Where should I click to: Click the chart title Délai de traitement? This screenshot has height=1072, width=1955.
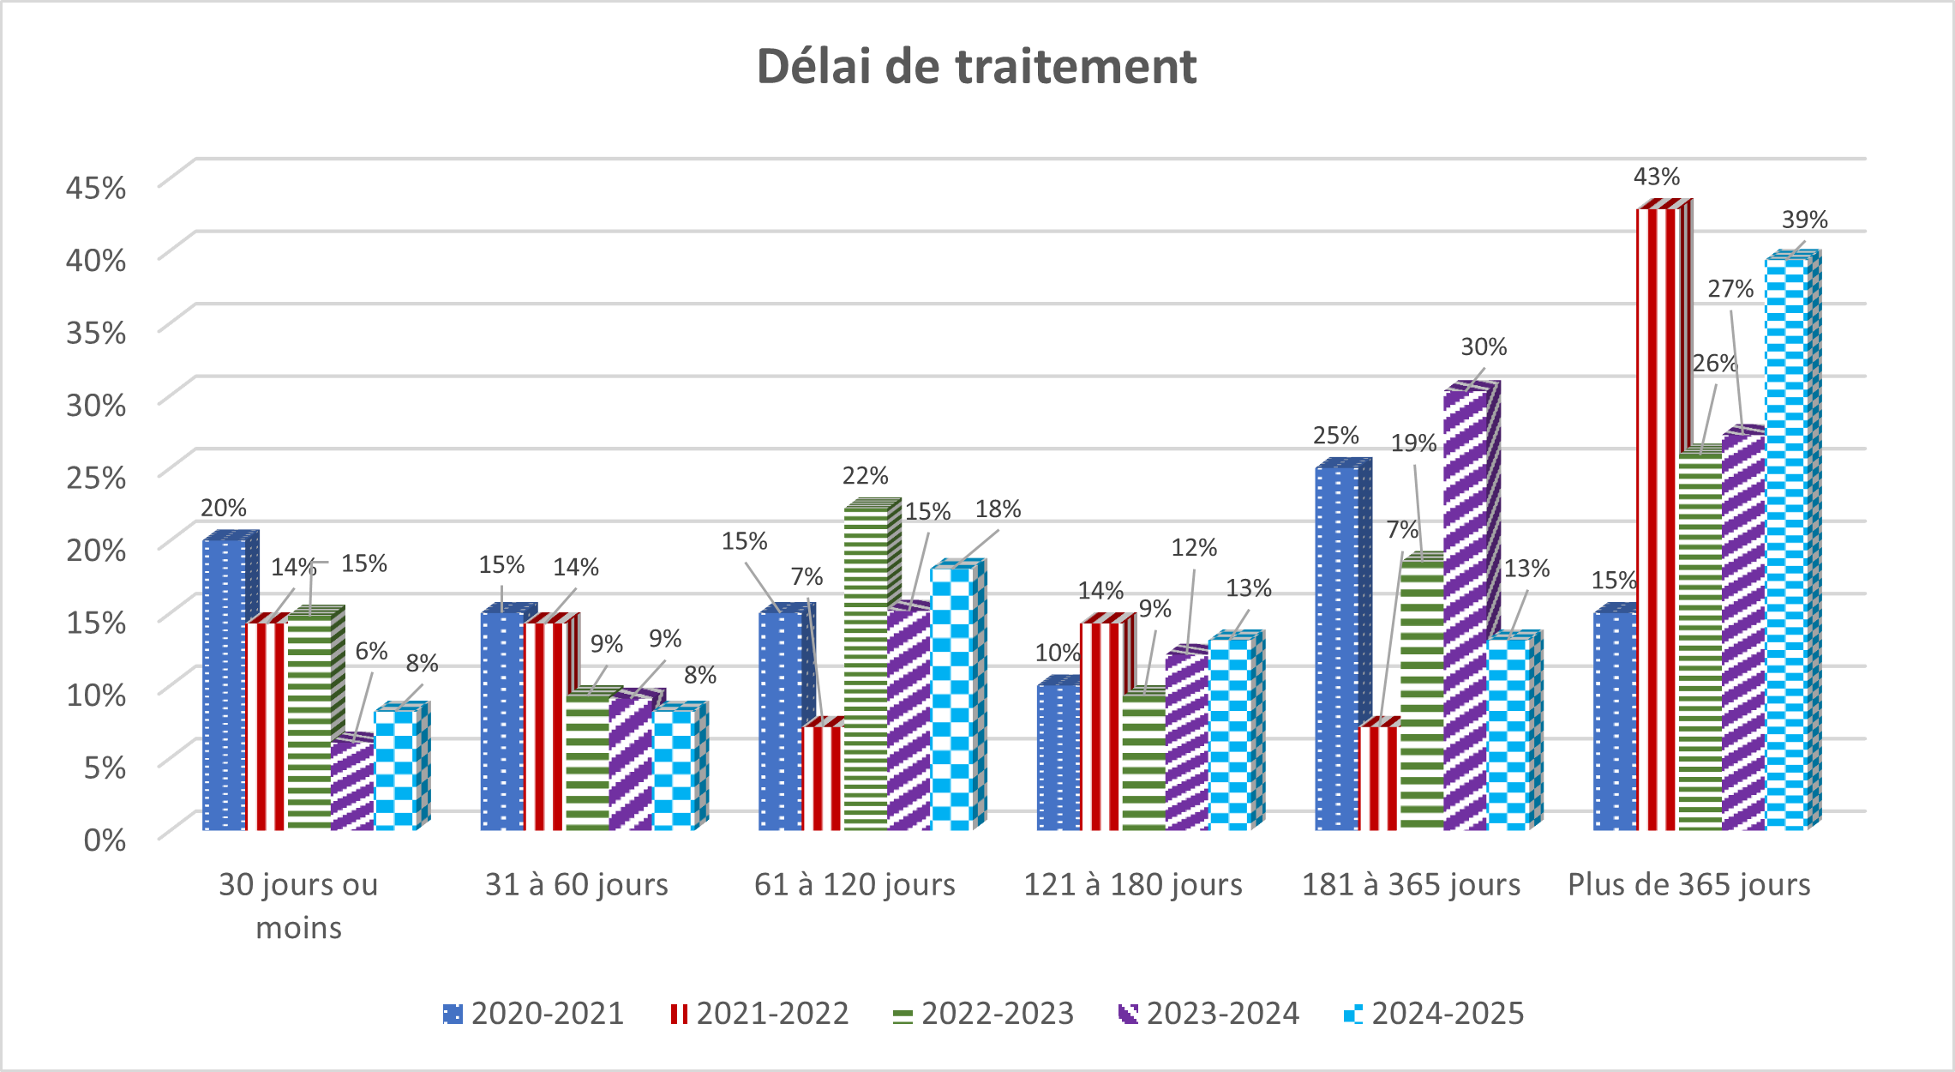click(976, 66)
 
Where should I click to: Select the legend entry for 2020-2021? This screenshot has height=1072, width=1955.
click(533, 1014)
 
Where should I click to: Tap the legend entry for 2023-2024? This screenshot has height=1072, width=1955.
click(1208, 1014)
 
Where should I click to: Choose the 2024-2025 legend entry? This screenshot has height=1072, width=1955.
click(1434, 1014)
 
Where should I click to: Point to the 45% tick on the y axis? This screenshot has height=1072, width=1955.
click(96, 187)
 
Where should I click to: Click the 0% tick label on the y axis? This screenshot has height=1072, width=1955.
click(105, 840)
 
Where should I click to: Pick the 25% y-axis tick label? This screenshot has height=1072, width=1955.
click(96, 477)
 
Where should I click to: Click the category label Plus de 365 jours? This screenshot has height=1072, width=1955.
click(1688, 884)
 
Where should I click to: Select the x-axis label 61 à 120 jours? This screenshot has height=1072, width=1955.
click(855, 884)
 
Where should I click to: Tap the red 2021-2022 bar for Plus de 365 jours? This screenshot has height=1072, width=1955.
click(1656, 515)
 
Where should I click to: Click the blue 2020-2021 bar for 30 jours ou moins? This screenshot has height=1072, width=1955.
click(223, 686)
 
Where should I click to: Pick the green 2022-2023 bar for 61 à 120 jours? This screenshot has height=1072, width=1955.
click(866, 669)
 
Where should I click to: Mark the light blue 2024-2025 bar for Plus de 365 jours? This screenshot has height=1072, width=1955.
click(1784, 540)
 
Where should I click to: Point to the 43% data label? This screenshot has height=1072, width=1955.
click(1656, 178)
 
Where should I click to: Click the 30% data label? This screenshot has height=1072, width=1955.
click(1484, 347)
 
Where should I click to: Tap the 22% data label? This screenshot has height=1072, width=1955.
click(865, 476)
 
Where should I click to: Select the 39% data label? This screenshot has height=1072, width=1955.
click(1804, 220)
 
